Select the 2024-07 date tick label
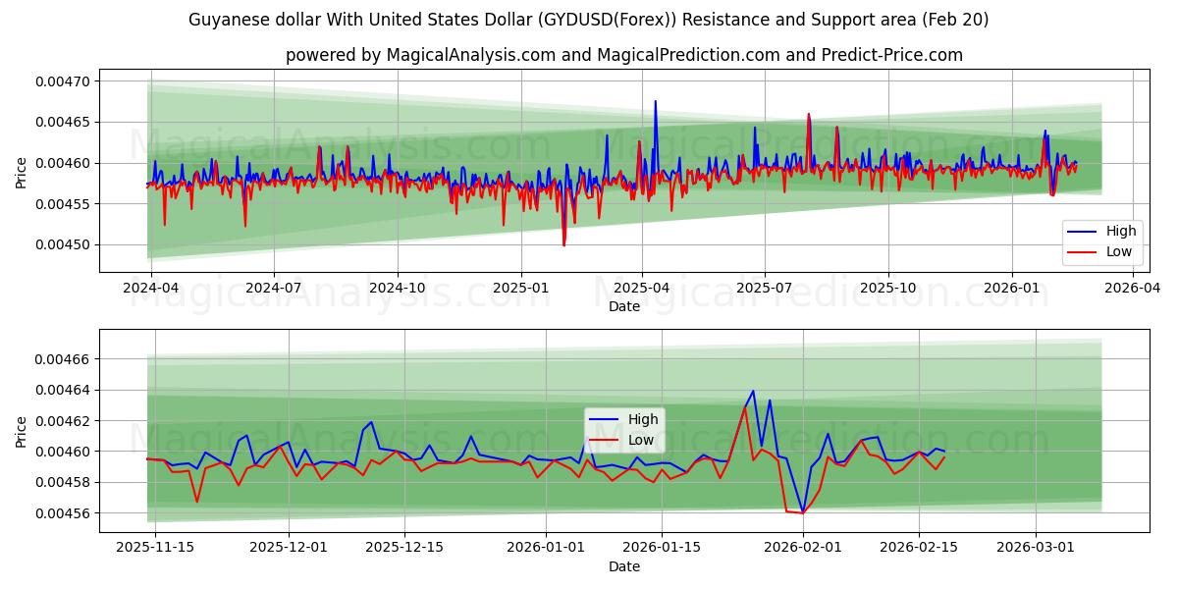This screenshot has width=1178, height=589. pos(273,289)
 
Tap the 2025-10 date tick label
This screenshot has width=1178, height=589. pos(887,289)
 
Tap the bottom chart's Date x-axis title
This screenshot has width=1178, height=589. pos(624,566)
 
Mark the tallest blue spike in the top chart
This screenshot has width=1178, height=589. pos(656,101)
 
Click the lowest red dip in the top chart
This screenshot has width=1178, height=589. pos(563,244)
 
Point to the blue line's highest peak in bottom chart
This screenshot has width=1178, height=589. pos(753,391)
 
